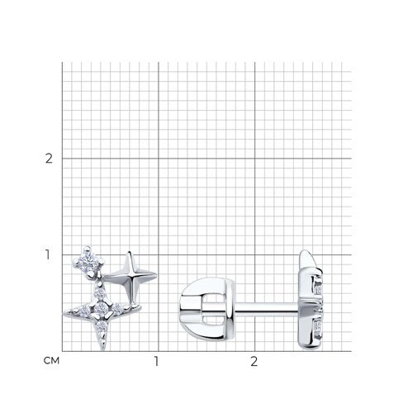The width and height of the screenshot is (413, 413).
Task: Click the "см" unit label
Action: [51, 360]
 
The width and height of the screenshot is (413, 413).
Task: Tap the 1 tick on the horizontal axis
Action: [156, 361]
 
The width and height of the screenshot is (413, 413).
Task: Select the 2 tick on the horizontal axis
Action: [254, 361]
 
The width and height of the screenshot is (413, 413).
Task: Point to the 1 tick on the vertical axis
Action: [48, 254]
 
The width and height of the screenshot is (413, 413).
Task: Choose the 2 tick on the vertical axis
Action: [49, 159]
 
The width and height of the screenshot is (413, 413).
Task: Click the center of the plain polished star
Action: [131, 275]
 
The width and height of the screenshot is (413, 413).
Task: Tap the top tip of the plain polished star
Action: [128, 252]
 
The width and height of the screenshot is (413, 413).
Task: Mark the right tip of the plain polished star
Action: [156, 274]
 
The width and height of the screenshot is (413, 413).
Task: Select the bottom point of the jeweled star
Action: [103, 349]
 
